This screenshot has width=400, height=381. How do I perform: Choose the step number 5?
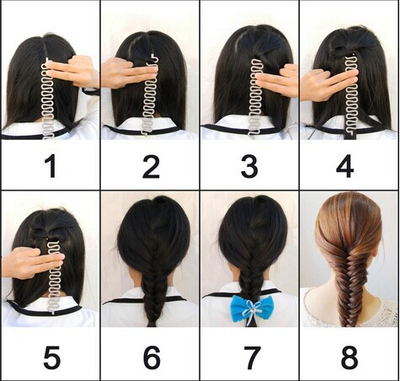click(x=52, y=357)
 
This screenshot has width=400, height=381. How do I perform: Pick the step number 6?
click(x=152, y=357)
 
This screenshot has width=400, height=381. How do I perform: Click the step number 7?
click(x=252, y=357)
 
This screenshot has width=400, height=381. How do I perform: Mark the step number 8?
click(x=349, y=357)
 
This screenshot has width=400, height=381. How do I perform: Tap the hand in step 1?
click(x=74, y=72)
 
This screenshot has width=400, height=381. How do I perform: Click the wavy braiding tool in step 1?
click(x=48, y=101)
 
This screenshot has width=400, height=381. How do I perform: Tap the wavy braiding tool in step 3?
click(x=256, y=99)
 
